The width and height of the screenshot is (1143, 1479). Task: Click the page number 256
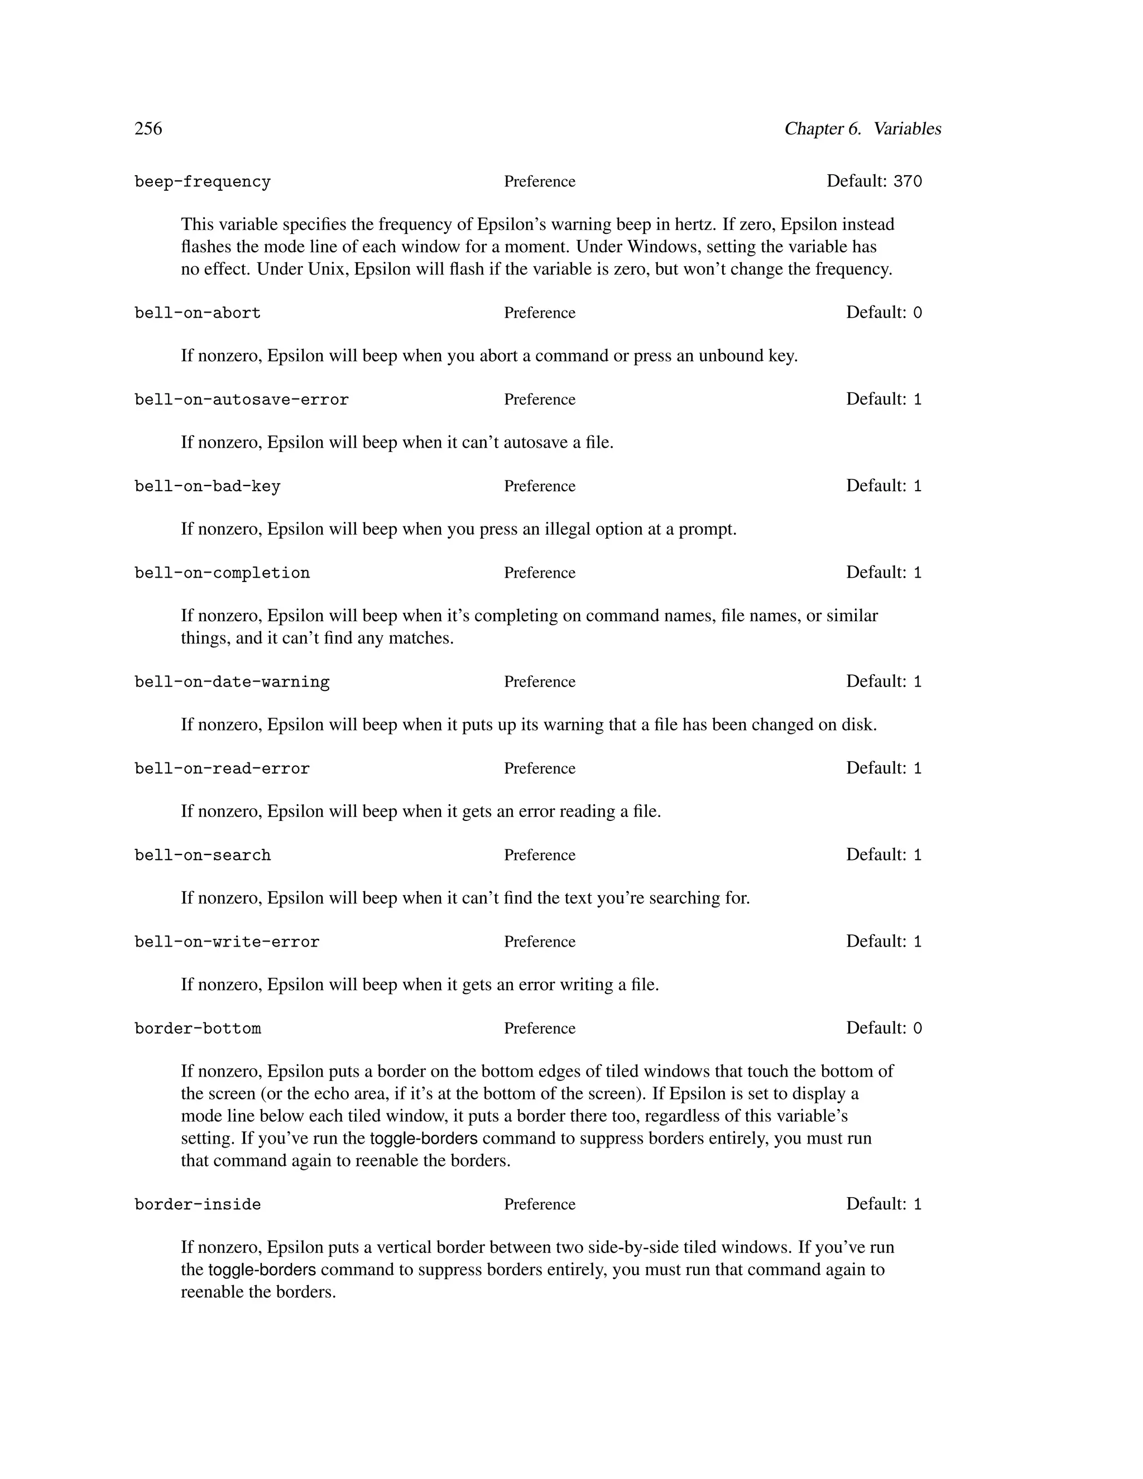click(148, 129)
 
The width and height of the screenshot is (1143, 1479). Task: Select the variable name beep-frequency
click(203, 182)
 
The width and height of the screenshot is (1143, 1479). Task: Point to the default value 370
click(907, 181)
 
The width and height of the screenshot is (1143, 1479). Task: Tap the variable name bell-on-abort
click(198, 314)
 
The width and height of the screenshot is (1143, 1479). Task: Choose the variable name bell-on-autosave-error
click(242, 400)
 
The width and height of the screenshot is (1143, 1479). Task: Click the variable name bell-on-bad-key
click(207, 487)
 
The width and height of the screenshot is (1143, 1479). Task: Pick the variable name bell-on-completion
click(222, 574)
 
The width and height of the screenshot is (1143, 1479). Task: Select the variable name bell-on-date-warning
click(232, 683)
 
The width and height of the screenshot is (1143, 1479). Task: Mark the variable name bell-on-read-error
click(222, 769)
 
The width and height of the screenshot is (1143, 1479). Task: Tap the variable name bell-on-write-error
click(227, 943)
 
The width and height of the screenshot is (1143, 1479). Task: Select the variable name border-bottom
click(198, 1029)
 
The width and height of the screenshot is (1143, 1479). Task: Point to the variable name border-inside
click(198, 1206)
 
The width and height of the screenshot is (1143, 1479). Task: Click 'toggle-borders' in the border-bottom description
click(424, 1139)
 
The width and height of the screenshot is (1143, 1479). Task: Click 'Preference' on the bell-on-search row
click(540, 855)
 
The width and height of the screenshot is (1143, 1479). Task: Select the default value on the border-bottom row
click(918, 1029)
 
